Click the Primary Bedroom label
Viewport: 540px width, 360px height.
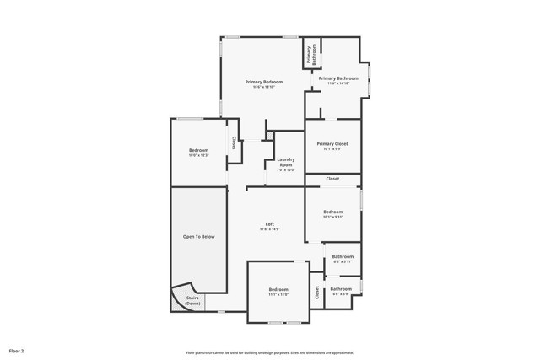pos(264,82)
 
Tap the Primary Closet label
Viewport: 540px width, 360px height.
pos(332,144)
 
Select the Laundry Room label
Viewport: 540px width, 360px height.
pos(286,163)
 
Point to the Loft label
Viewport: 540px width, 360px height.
pos(269,224)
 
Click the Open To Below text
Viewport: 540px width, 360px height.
pos(199,237)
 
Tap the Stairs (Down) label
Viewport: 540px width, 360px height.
pos(192,299)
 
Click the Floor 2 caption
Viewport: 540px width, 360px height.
pos(17,350)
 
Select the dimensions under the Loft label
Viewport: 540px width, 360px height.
pos(269,229)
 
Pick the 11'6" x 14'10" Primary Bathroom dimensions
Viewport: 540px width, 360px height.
pos(338,83)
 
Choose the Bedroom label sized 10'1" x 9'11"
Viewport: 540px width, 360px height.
pos(332,212)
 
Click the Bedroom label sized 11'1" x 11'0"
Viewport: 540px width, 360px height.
pos(278,289)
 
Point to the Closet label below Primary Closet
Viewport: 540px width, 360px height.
pos(332,179)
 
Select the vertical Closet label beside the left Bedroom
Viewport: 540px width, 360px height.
pos(233,142)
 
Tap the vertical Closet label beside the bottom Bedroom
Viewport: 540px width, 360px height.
pos(317,293)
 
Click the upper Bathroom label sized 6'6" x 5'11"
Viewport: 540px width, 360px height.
pos(343,256)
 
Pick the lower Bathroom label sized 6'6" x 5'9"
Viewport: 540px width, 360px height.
pos(341,289)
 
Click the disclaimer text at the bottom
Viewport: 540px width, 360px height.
pos(270,353)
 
